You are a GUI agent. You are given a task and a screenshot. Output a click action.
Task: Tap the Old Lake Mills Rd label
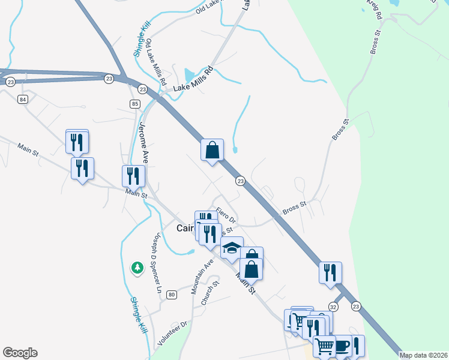tap(155, 62)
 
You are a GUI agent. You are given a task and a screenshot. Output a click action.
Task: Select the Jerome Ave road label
tap(143, 142)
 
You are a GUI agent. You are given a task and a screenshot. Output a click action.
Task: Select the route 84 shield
tap(23, 99)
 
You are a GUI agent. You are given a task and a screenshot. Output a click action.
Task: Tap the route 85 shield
tap(134, 104)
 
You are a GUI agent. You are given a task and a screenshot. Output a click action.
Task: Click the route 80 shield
tap(172, 295)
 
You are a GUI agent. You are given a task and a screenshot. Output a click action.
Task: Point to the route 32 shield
tap(334, 306)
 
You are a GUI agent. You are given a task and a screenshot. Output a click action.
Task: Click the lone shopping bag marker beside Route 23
tap(212, 150)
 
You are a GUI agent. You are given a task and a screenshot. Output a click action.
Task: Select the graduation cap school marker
tap(231, 248)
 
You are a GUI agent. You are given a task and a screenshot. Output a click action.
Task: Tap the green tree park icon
tap(137, 267)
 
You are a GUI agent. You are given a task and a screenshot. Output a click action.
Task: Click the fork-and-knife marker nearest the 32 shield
tap(330, 272)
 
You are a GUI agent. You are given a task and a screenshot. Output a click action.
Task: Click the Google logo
tap(20, 353)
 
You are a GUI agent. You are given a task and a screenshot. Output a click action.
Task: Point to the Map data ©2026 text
tap(424, 355)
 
